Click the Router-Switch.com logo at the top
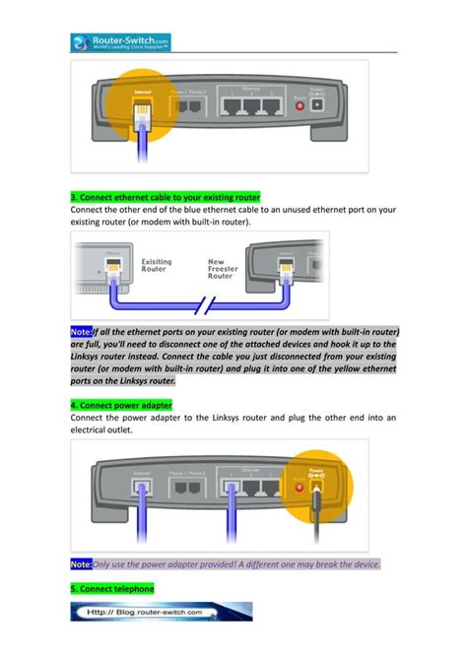click(120, 42)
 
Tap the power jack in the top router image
click(317, 103)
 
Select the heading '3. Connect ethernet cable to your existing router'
click(165, 197)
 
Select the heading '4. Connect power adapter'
click(121, 404)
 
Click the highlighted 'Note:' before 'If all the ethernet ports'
click(81, 333)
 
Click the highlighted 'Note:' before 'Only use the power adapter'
click(81, 564)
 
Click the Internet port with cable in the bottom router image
click(142, 488)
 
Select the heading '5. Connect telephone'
click(112, 588)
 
